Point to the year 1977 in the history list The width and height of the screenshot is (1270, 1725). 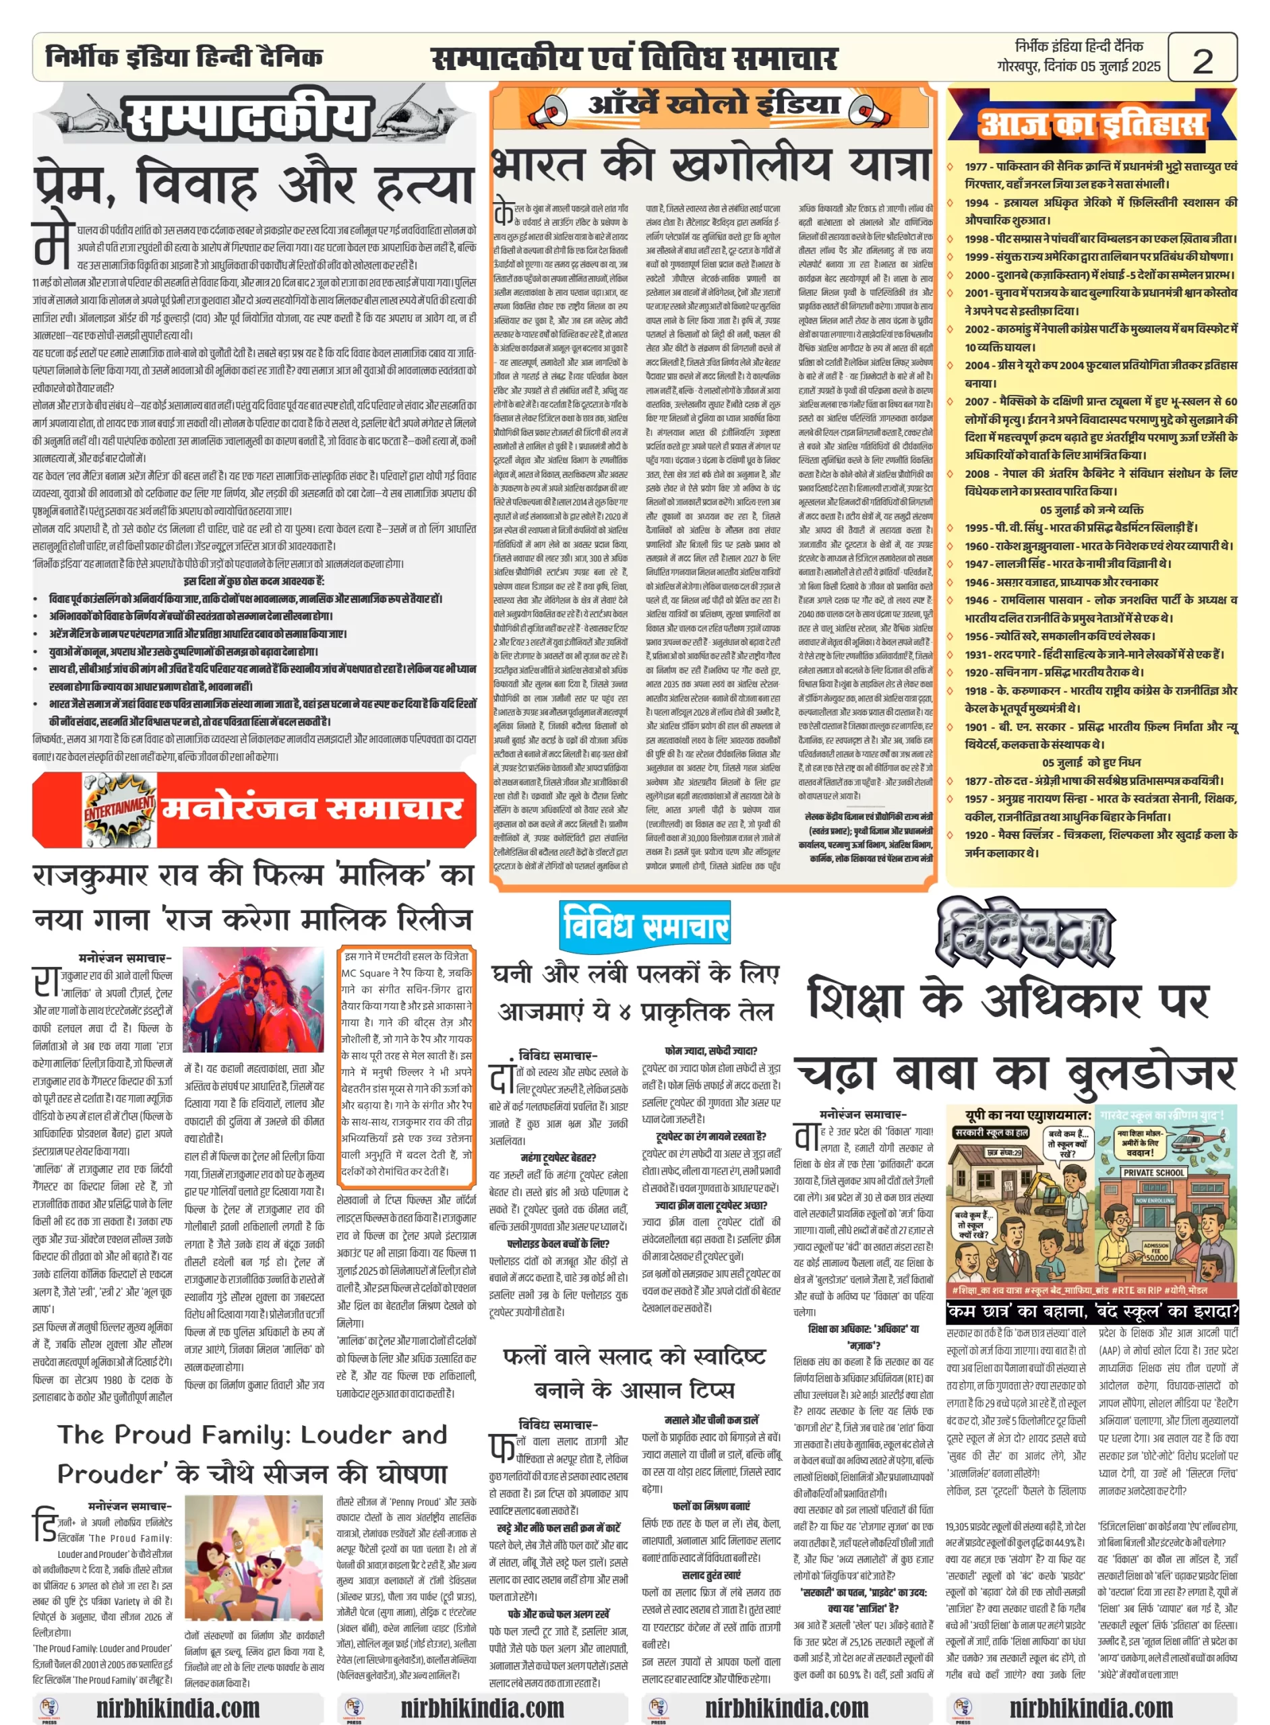coord(975,166)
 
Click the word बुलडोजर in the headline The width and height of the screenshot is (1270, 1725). coord(1150,1073)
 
